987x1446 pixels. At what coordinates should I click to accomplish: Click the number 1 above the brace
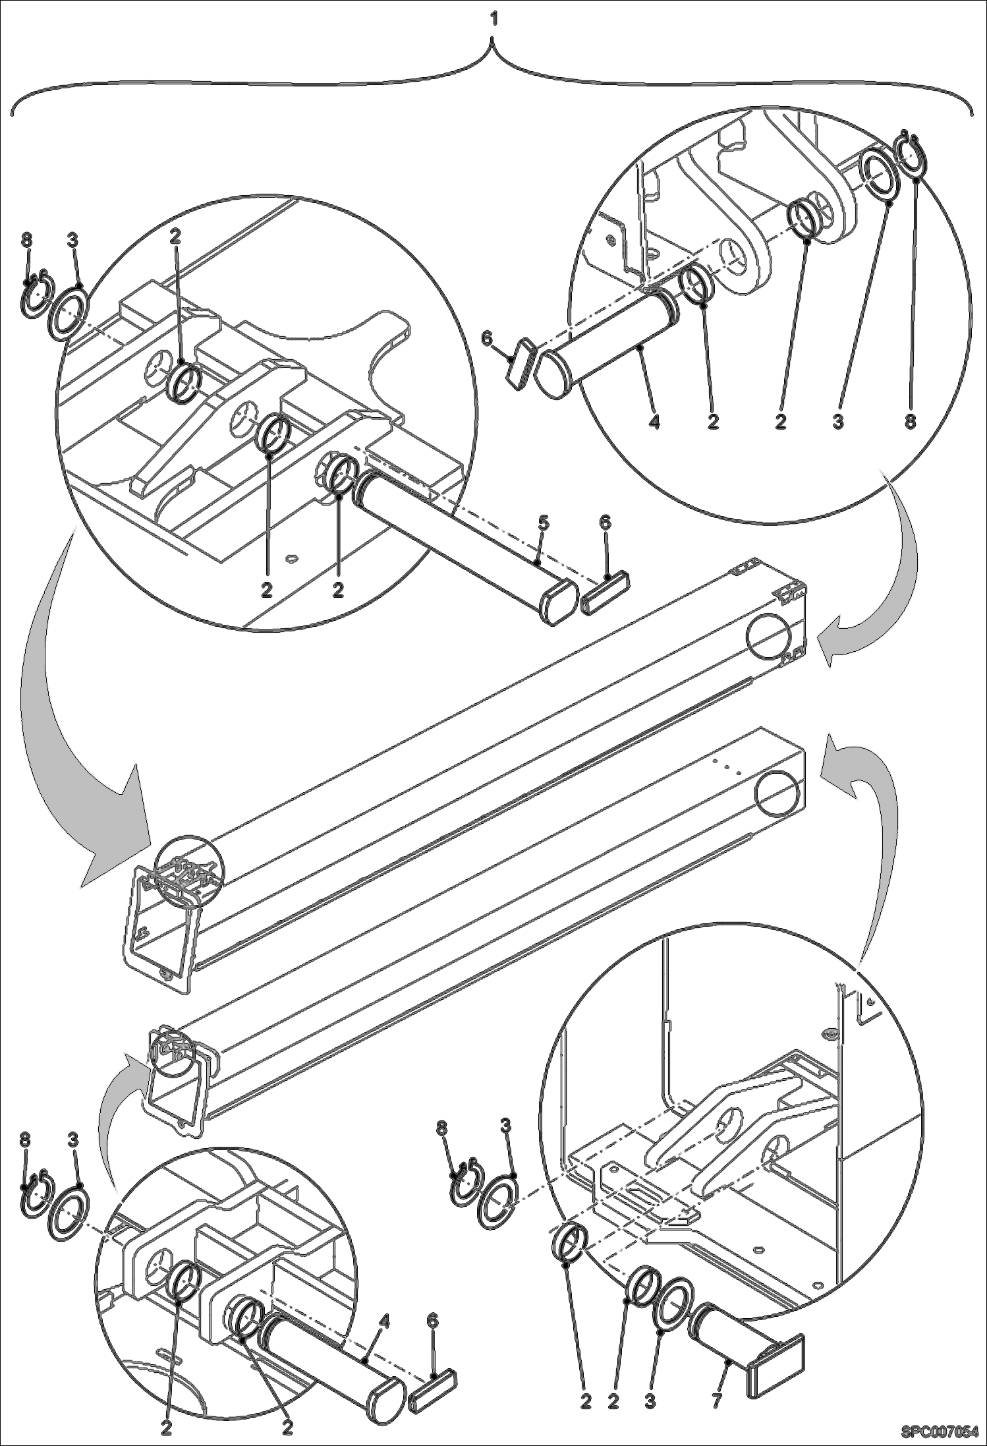[x=493, y=20]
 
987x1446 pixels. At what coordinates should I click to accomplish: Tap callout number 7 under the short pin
[x=717, y=1397]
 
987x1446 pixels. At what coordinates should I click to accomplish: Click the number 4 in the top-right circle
[x=654, y=420]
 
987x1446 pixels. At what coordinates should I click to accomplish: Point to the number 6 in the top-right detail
[x=487, y=338]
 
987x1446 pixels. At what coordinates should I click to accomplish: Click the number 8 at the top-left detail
[x=26, y=239]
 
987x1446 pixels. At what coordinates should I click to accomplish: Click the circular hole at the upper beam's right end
[x=769, y=635]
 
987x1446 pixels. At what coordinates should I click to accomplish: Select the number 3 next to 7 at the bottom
[x=650, y=1397]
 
